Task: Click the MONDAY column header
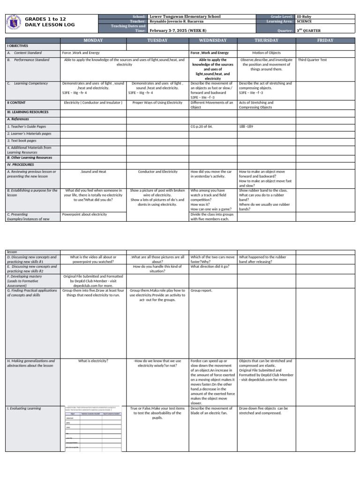(93, 41)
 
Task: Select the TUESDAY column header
(157, 41)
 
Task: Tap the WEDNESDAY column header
(213, 41)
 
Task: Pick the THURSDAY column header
(266, 41)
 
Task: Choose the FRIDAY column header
(325, 41)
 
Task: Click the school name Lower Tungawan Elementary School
(185, 16)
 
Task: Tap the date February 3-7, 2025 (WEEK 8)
(178, 30)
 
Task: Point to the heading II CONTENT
(16, 102)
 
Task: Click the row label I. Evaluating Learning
(24, 408)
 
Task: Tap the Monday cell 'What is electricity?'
(93, 361)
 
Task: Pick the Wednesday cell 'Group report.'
(201, 291)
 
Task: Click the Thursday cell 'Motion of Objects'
(266, 53)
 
